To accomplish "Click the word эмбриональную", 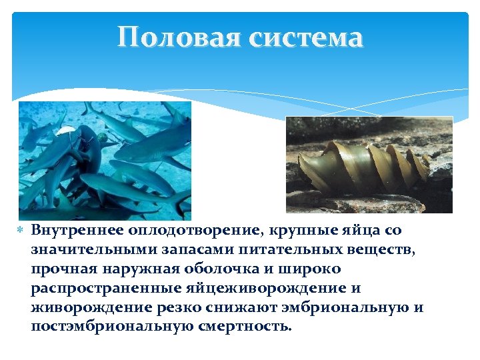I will click(317, 308).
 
